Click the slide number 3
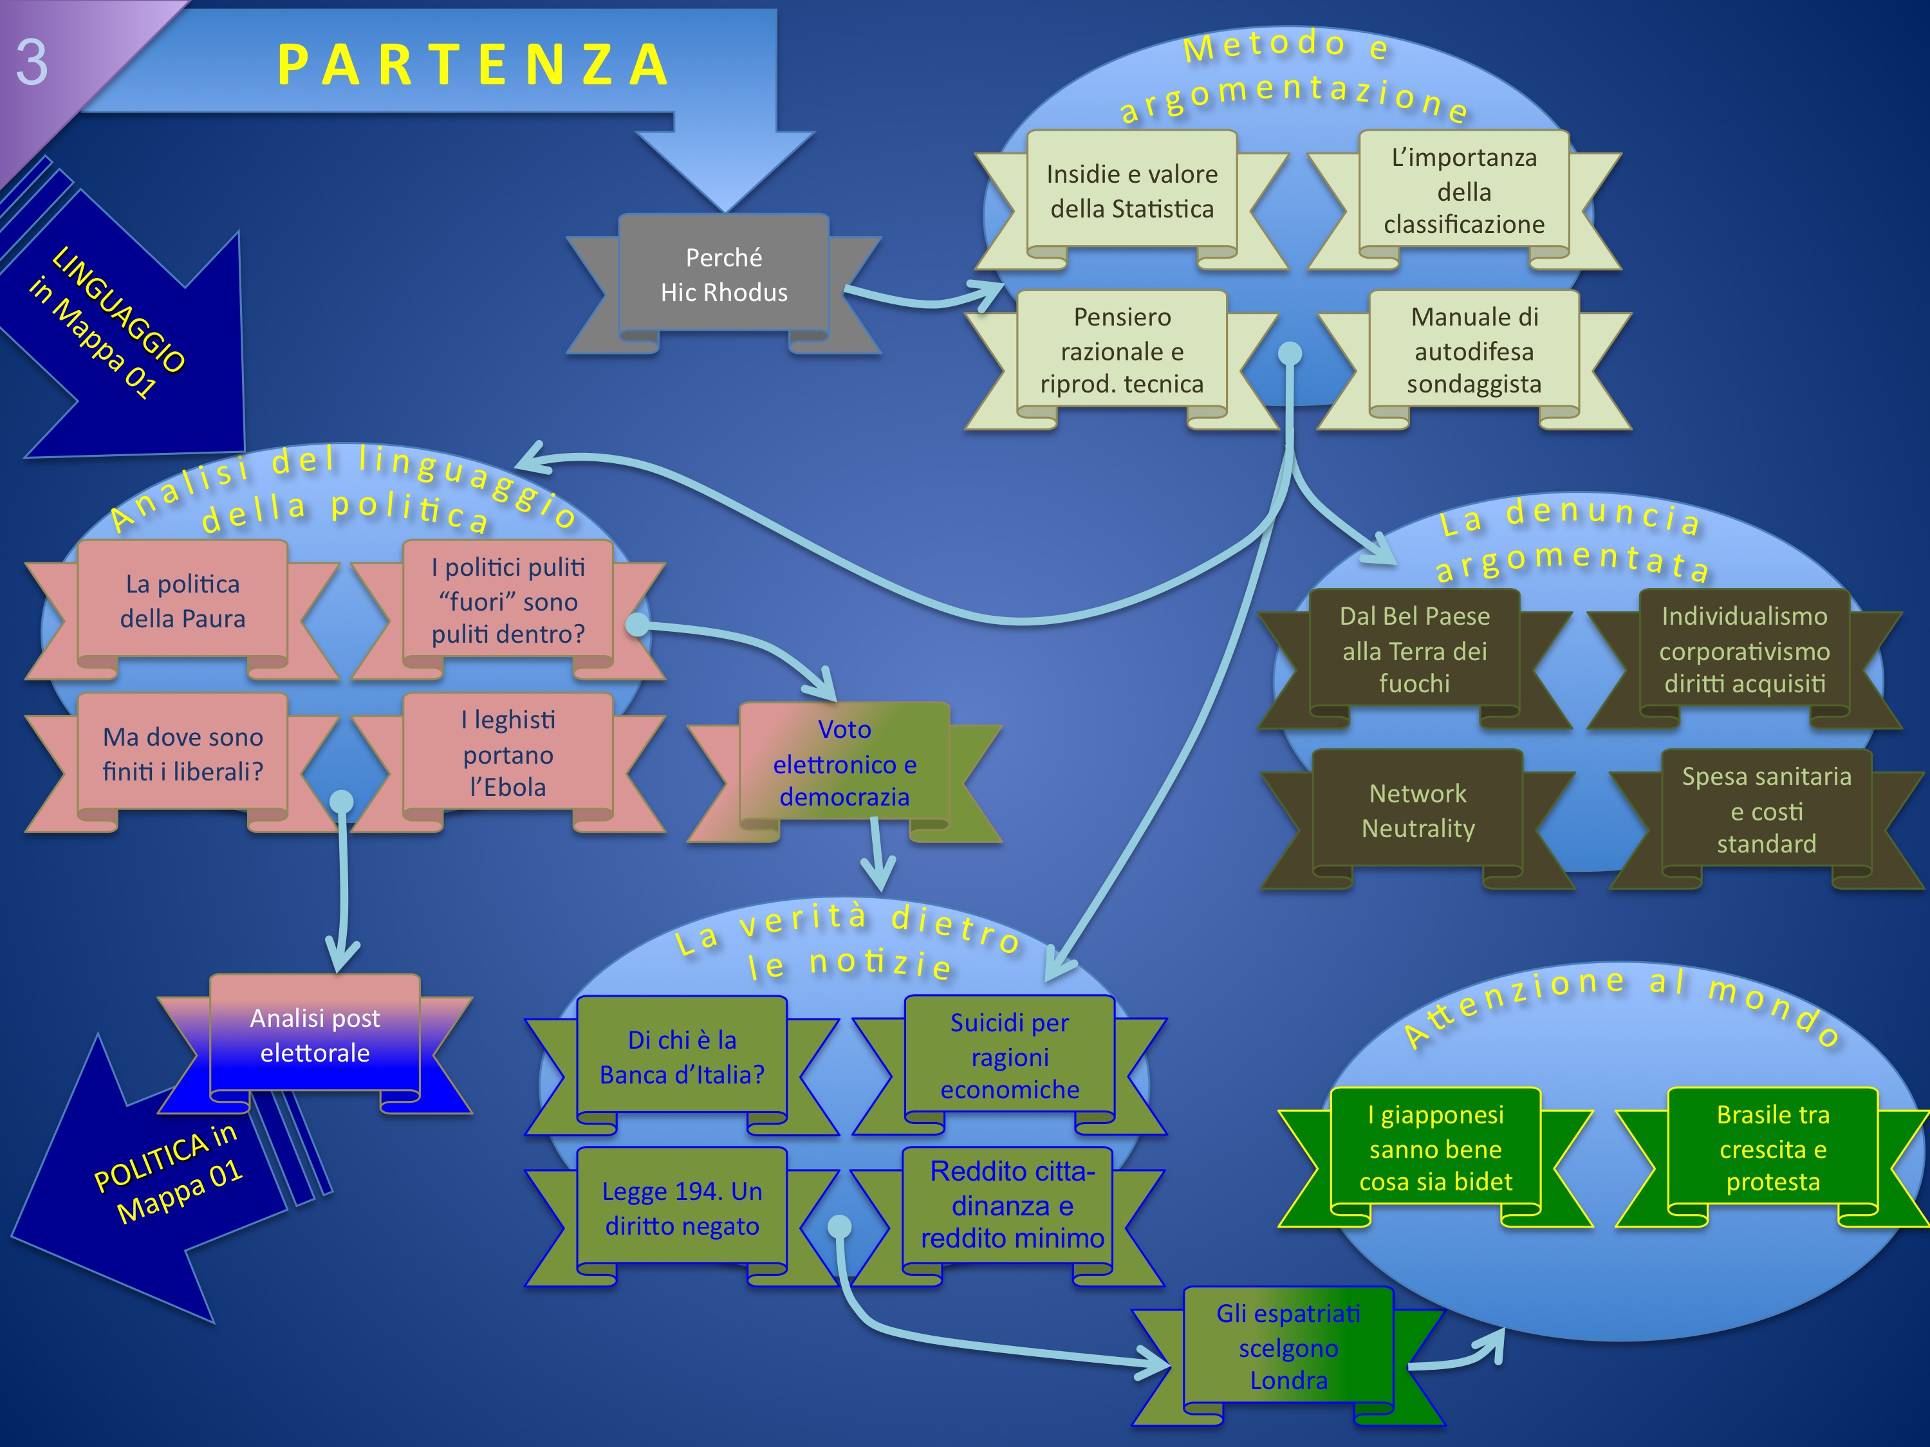pos(32,63)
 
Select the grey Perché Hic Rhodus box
pos(723,275)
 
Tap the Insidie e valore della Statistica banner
pos(1131,191)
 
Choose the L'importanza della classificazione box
pos(1463,191)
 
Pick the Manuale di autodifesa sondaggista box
pos(1474,351)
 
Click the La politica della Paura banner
pos(182,601)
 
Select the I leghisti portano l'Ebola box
pos(508,753)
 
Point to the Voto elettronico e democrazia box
pos(844,763)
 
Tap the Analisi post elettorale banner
pos(315,1035)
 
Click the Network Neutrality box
pos(1418,810)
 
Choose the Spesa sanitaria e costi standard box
pos(1766,810)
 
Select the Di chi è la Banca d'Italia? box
pos(682,1057)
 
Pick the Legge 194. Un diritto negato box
pos(682,1209)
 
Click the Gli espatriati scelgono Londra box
pos(1288,1347)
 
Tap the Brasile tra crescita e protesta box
pos(1772,1148)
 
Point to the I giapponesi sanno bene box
pos(1435,1148)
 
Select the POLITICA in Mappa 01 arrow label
pos(167,1173)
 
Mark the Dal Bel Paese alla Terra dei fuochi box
pos(1415,650)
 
